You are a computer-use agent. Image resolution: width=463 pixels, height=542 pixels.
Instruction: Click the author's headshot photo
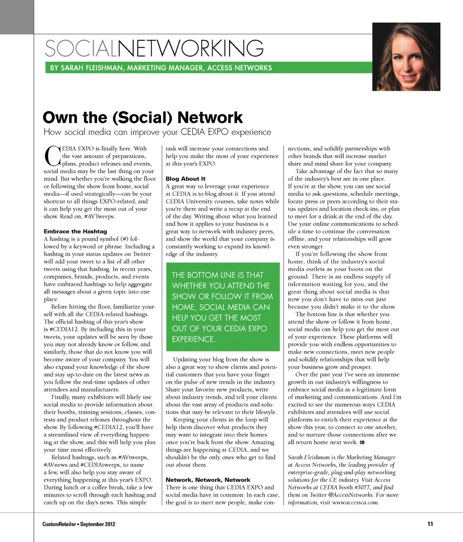pyautogui.click(x=406, y=56)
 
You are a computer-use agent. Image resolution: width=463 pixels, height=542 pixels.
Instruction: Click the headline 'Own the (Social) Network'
pyautogui.click(x=143, y=117)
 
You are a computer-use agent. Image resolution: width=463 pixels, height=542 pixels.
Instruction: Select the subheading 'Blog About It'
pyautogui.click(x=185, y=179)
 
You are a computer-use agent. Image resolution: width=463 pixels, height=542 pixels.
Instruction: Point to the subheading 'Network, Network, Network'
pyautogui.click(x=208, y=480)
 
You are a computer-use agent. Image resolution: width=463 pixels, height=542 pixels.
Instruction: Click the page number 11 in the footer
pyautogui.click(x=430, y=524)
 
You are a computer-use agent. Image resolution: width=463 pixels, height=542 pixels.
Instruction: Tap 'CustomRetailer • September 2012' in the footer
pyautogui.click(x=79, y=524)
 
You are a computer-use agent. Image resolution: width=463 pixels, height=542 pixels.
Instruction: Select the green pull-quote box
pyautogui.click(x=222, y=307)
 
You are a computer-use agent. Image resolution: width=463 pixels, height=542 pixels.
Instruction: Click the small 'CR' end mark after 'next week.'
pyautogui.click(x=362, y=442)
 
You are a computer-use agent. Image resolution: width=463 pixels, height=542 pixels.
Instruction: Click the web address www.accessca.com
pyautogui.click(x=355, y=502)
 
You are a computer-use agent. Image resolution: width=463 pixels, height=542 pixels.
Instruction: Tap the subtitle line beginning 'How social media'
pyautogui.click(x=157, y=132)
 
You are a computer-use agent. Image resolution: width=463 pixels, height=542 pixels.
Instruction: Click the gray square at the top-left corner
pyautogui.click(x=16, y=16)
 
